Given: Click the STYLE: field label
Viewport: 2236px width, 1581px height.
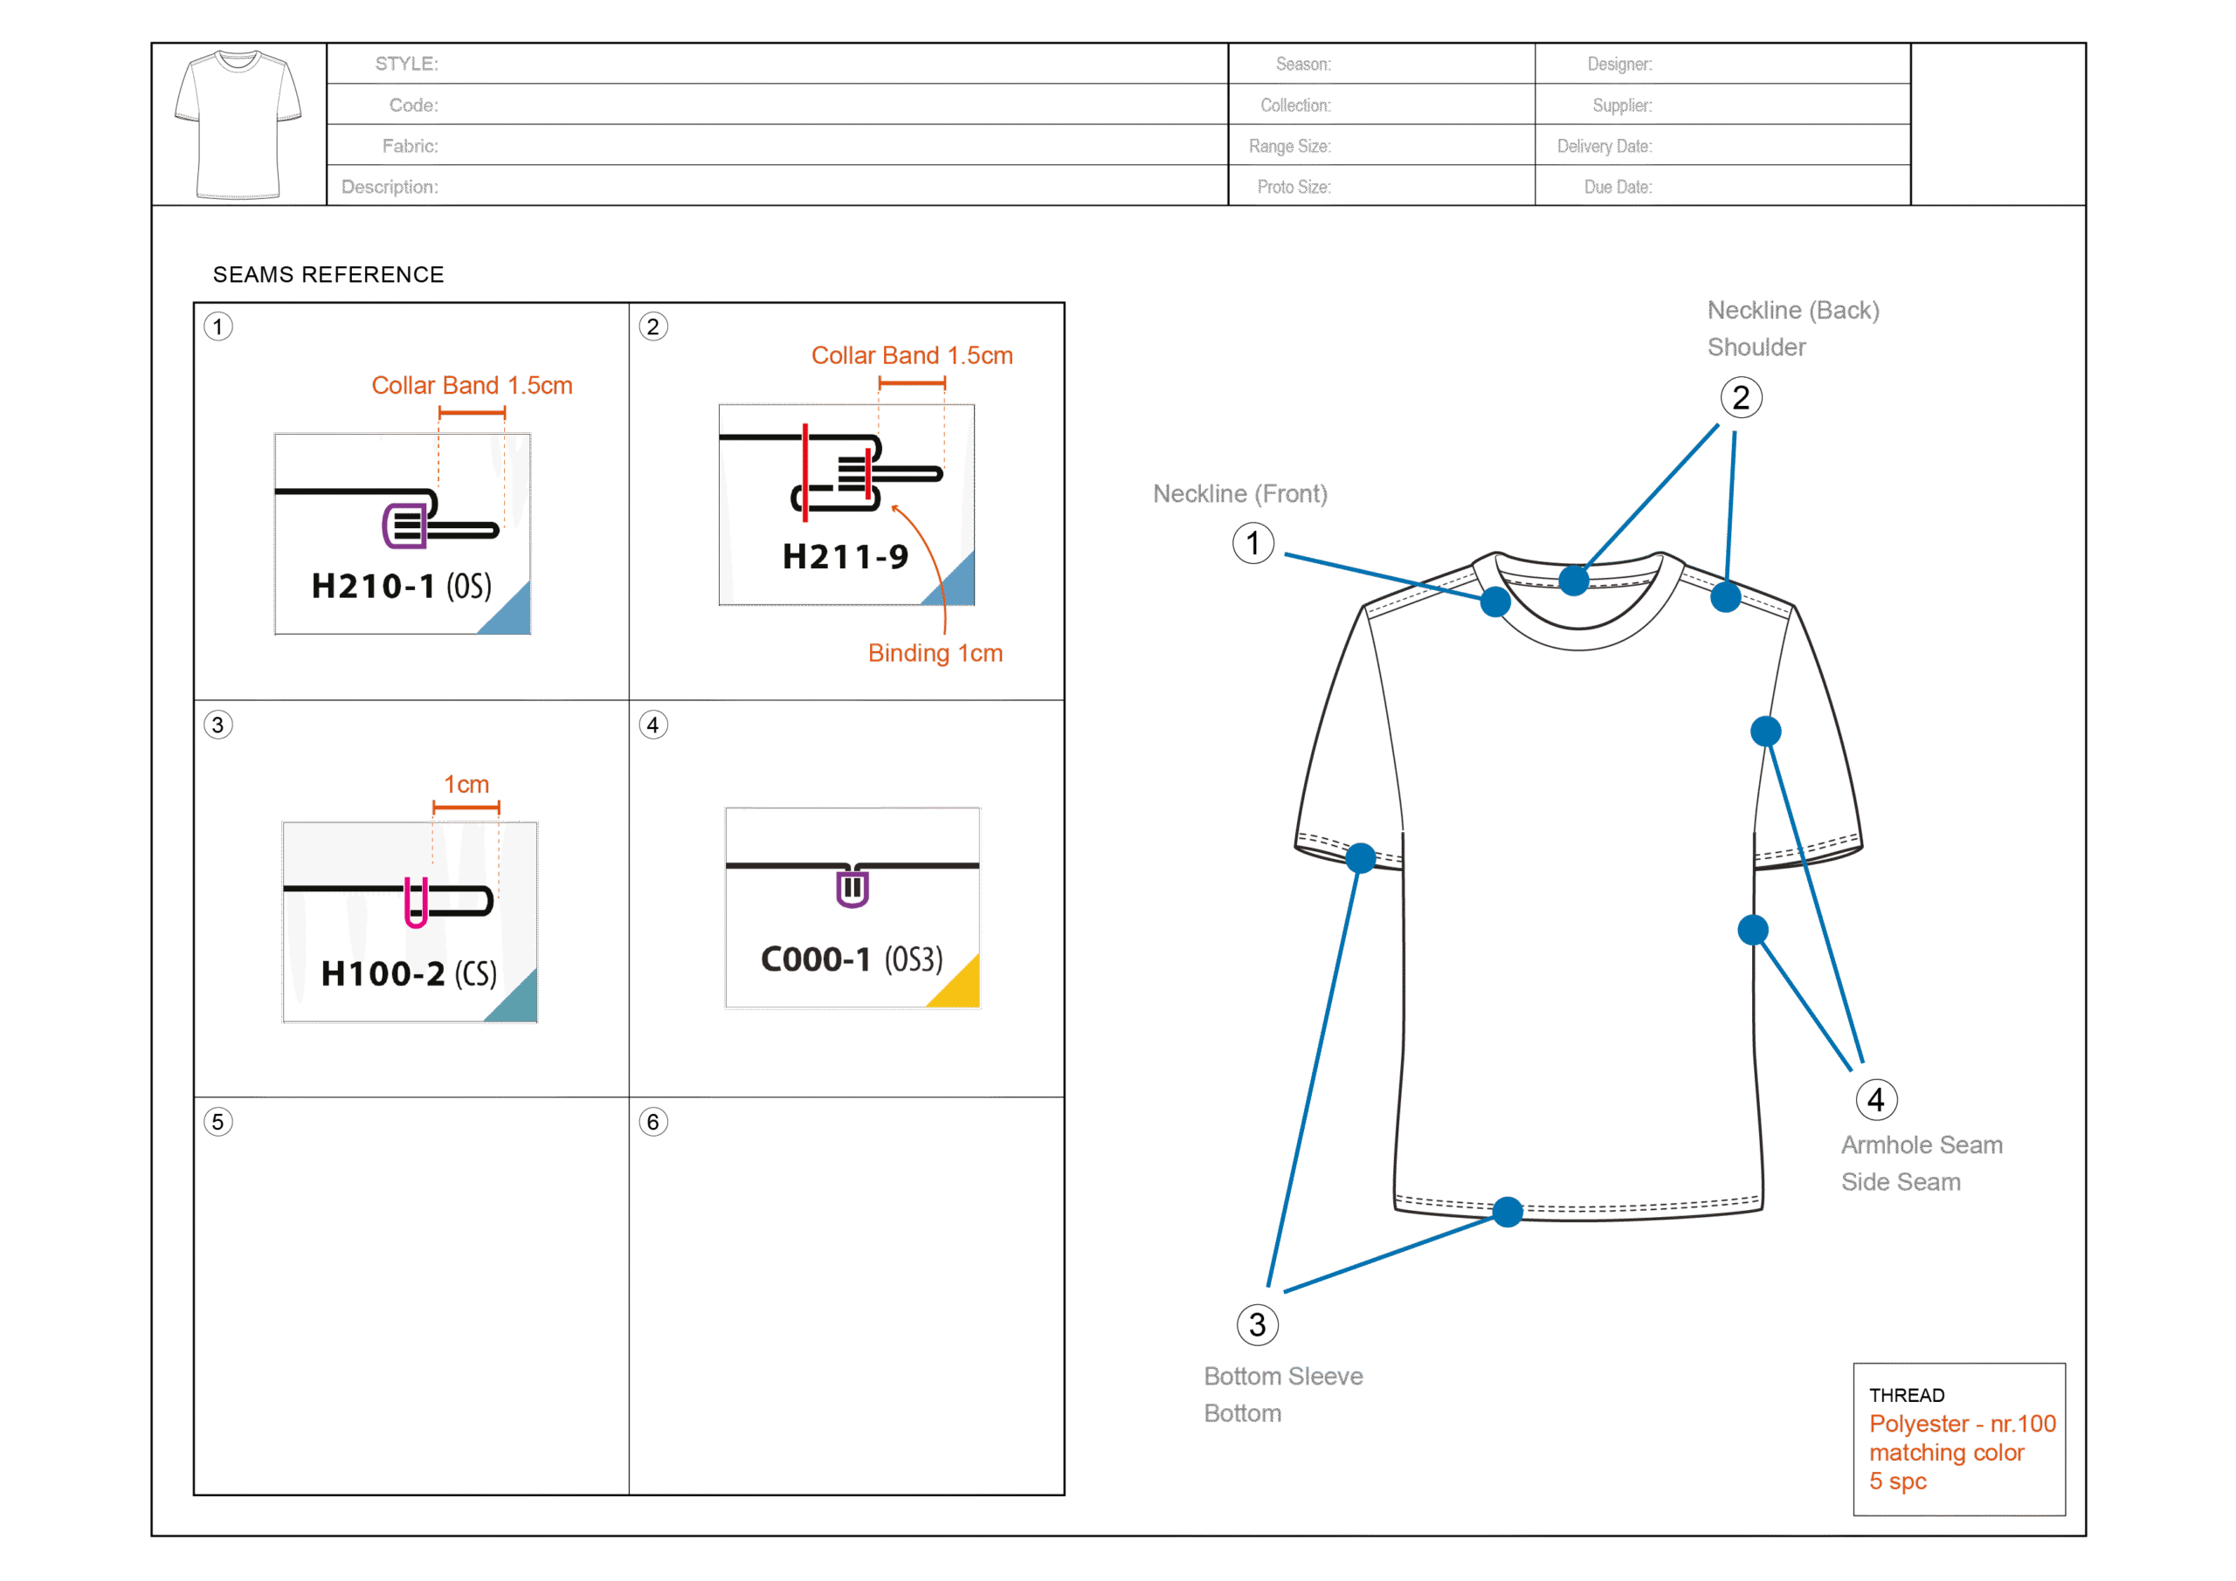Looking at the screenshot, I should coord(406,65).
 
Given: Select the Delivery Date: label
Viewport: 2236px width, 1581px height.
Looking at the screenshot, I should coord(1604,146).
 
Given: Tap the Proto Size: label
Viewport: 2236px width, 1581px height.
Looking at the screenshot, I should coord(1294,187).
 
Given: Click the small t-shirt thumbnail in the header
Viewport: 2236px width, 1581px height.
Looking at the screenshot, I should coord(238,124).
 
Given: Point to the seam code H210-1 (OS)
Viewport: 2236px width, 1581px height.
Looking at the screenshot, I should coord(401,586).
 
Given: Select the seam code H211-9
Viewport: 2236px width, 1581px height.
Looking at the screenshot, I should coord(845,557).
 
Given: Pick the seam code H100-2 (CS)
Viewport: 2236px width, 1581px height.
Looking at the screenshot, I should coord(409,973).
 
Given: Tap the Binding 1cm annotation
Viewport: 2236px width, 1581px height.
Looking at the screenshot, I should coord(935,653).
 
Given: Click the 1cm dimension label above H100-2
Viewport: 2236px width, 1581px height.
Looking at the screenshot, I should coord(466,785).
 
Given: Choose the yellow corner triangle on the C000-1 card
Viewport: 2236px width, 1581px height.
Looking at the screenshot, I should coord(960,987).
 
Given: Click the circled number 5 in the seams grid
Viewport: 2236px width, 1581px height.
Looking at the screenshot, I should coord(218,1123).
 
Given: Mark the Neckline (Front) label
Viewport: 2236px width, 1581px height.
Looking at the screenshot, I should coord(1239,494).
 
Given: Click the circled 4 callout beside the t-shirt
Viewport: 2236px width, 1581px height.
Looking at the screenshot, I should coord(1875,1100).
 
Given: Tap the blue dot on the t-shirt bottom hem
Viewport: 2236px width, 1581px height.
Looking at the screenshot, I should coord(1508,1212).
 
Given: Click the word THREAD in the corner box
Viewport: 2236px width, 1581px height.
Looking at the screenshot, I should coord(1906,1395).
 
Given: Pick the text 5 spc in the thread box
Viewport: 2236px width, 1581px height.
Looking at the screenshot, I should coord(1897,1481).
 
